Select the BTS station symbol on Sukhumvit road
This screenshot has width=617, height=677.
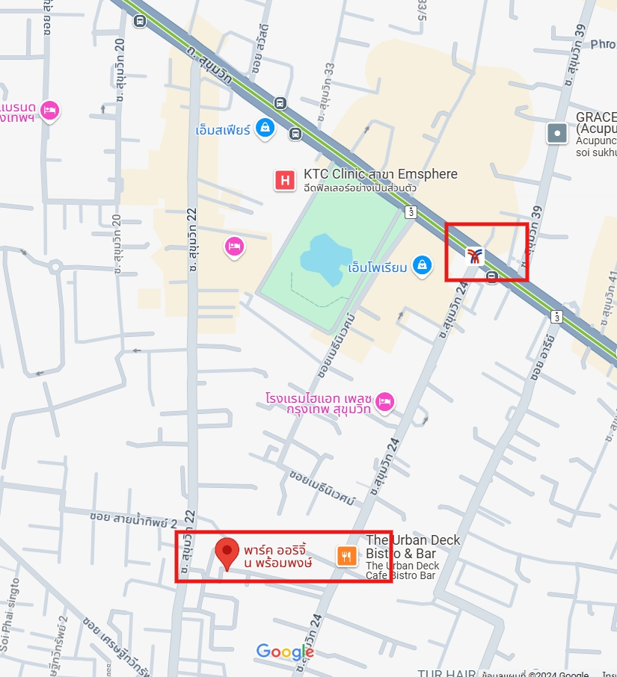click(475, 257)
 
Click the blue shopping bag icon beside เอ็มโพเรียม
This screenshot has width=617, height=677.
click(423, 265)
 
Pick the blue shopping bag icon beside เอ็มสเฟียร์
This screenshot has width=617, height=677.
click(265, 129)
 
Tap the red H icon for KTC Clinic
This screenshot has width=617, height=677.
click(284, 180)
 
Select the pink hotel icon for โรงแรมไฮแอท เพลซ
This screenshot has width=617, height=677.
click(385, 402)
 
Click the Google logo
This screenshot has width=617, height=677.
click(285, 652)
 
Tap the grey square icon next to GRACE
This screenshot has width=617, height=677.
click(557, 134)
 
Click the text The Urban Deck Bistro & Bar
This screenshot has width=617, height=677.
click(413, 547)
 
